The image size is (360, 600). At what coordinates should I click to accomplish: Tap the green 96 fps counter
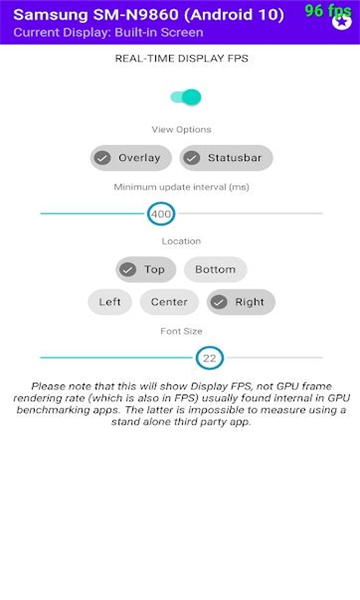pos(328,11)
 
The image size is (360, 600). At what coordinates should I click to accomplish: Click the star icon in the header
pos(342,21)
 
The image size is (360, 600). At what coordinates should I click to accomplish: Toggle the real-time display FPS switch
pos(186,97)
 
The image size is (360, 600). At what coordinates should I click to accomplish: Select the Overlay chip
pos(131,158)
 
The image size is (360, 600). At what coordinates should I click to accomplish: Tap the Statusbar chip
pos(226,158)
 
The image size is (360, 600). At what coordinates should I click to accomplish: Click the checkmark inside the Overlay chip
pos(103,158)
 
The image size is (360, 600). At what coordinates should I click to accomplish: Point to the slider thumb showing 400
pos(161,214)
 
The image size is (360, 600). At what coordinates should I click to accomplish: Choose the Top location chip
pos(146,269)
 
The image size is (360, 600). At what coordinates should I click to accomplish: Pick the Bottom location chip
pos(215,269)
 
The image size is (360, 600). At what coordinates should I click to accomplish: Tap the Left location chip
pos(110,302)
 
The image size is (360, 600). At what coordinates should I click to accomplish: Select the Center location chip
pos(169,302)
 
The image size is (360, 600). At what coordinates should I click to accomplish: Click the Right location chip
pos(241,302)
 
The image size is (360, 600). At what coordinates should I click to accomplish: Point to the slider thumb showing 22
pos(210,358)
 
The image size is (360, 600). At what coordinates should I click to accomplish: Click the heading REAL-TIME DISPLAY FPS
pos(182,59)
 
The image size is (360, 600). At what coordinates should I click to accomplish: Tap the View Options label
pos(181,129)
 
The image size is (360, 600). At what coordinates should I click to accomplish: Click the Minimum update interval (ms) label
pos(181,187)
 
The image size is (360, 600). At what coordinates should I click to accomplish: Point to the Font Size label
pos(181,331)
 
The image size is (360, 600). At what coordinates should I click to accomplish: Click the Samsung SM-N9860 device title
pos(148,15)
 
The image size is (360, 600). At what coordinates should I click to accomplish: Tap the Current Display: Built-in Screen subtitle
pos(108,32)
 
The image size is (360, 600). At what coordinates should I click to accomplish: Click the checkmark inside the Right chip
pos(219,302)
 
